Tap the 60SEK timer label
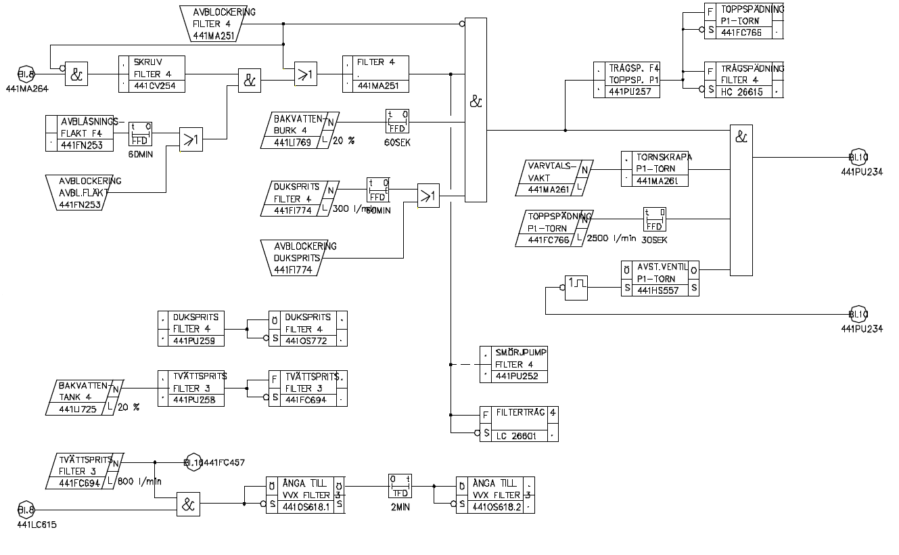click(396, 143)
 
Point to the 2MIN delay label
click(399, 506)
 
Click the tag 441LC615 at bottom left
click(37, 525)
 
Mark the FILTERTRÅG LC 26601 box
click(519, 424)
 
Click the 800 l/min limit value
click(141, 482)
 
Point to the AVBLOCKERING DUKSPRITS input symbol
click(300, 257)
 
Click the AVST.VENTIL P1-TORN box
click(660, 277)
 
